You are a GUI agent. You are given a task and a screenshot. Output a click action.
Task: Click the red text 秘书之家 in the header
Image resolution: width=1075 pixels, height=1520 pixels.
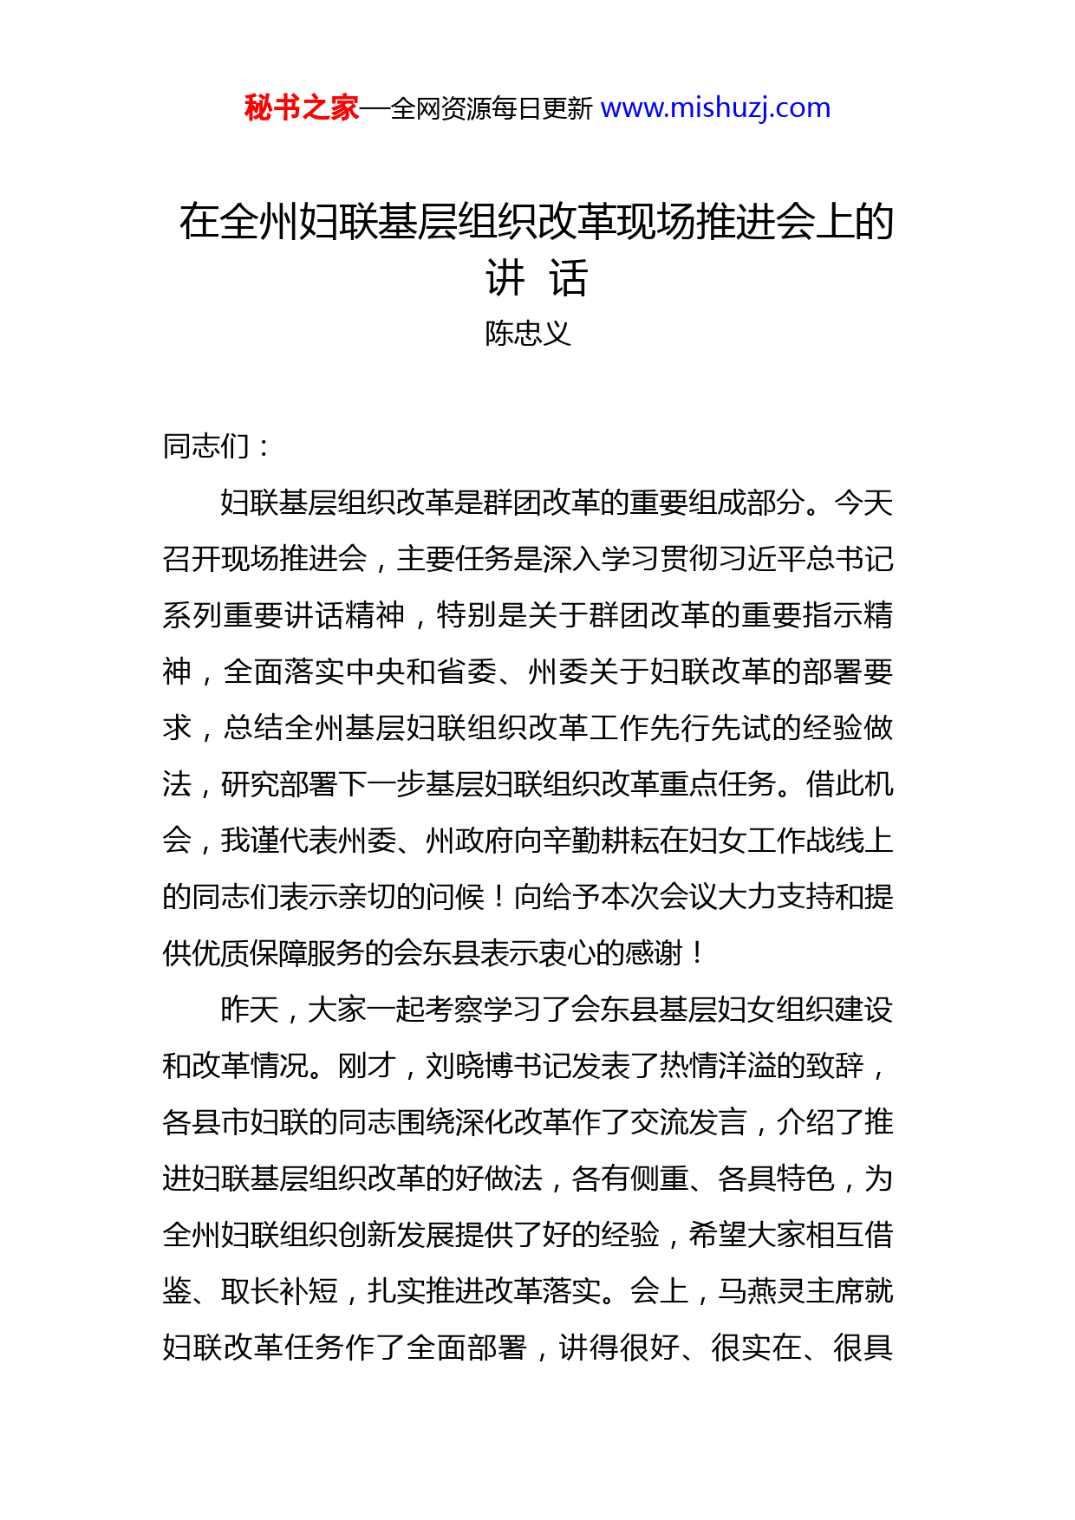(x=301, y=108)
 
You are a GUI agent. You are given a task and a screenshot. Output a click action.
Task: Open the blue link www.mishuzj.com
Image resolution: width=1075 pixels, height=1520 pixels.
(x=715, y=108)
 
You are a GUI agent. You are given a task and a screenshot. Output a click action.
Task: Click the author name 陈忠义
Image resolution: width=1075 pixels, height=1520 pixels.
(x=528, y=334)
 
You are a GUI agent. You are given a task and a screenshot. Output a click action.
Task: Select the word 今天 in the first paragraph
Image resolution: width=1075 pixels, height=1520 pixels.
(x=863, y=503)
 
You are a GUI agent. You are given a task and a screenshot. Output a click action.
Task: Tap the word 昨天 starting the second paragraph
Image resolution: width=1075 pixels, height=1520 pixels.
(x=250, y=1010)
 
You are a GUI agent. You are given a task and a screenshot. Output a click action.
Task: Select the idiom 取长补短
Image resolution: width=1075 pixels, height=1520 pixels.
(x=279, y=1292)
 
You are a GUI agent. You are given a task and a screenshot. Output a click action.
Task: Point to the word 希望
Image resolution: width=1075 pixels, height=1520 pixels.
(x=718, y=1236)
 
